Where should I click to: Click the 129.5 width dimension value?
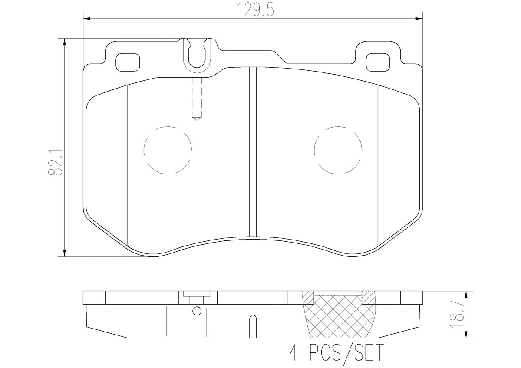click(x=255, y=10)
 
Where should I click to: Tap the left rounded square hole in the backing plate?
click(x=128, y=62)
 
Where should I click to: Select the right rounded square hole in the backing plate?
click(x=378, y=62)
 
